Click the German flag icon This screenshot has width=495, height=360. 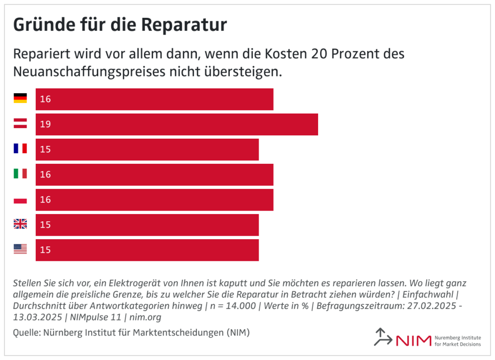coord(20,99)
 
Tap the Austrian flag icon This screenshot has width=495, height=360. coord(20,124)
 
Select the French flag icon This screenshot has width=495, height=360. coord(20,149)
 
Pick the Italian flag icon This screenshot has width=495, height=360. coord(20,174)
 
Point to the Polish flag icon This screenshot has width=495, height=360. coord(20,199)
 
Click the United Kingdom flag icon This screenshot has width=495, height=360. coord(20,224)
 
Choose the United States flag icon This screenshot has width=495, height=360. coord(20,249)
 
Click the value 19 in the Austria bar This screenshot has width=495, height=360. coord(45,124)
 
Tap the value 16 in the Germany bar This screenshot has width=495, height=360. coord(45,99)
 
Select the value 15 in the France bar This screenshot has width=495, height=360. coord(45,149)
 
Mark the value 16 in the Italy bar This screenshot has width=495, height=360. coord(45,174)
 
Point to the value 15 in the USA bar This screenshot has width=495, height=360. coord(45,250)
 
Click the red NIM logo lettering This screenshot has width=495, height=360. coord(413,340)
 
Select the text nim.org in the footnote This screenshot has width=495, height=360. coord(145,317)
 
